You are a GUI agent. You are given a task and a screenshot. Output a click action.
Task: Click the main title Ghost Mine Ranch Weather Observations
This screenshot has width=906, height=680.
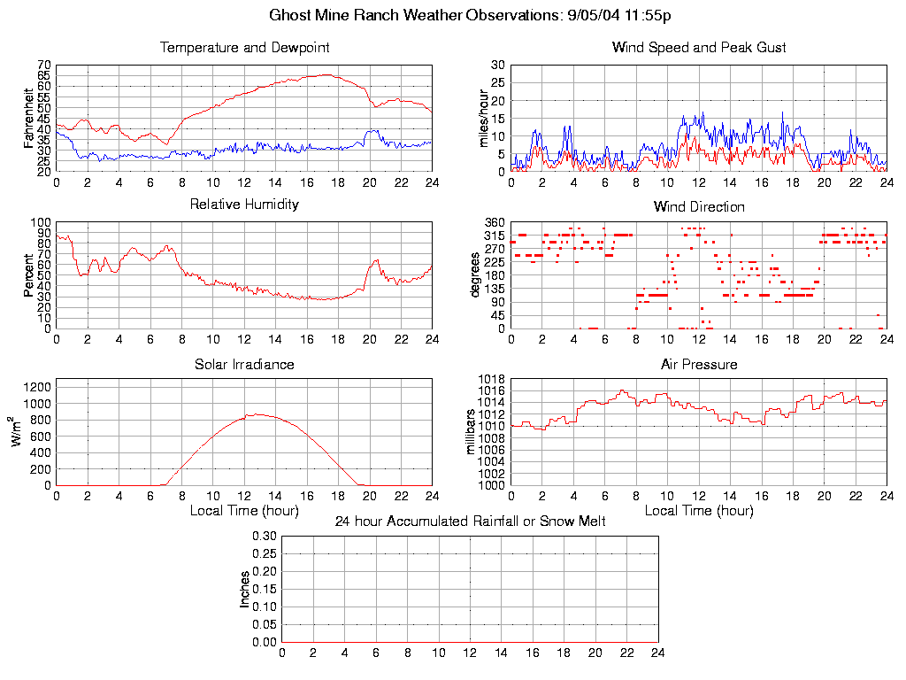coord(470,15)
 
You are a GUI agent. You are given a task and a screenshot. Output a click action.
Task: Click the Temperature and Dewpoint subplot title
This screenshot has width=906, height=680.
coord(244,47)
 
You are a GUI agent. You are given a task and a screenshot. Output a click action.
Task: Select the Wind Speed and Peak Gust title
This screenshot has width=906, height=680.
coord(699,47)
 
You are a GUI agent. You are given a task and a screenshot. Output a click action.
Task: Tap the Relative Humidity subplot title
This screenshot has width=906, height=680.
coord(244,204)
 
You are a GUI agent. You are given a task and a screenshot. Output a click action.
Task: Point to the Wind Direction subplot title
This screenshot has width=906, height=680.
coord(699,206)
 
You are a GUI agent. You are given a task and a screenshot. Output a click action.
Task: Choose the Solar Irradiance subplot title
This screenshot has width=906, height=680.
coord(244,364)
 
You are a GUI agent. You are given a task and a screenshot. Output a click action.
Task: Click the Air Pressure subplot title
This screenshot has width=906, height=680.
coord(699,364)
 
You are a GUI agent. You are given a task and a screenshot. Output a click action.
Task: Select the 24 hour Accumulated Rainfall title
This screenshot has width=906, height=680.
coord(470,521)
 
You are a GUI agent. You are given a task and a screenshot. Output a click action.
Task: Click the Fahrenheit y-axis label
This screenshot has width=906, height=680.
coord(28,118)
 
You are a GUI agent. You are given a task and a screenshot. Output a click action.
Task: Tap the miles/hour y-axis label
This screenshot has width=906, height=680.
coord(484,118)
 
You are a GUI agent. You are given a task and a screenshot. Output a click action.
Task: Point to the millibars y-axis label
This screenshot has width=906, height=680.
coord(472,432)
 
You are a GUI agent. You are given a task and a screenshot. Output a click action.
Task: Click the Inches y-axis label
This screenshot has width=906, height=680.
coord(245,589)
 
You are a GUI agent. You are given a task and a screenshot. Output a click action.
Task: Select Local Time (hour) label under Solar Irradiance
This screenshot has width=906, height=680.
coord(244,511)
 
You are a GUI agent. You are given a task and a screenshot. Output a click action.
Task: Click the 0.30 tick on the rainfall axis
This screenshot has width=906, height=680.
coord(265,536)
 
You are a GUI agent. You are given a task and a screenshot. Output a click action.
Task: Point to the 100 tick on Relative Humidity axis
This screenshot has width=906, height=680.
coord(41,222)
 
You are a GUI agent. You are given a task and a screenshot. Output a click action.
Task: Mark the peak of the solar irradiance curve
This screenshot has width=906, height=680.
coord(257,413)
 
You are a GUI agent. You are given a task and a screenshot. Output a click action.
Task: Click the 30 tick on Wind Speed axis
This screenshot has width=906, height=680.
coord(498,66)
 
